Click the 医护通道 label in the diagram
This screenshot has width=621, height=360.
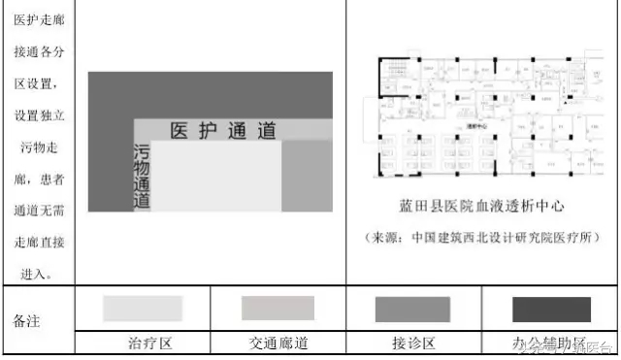(x=222, y=131)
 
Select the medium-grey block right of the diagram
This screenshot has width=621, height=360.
(x=307, y=176)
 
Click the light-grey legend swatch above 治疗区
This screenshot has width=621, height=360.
(x=143, y=308)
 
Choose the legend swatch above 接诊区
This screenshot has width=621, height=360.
(x=411, y=309)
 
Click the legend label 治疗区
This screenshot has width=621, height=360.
(x=149, y=345)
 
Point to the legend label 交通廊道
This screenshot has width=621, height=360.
(x=278, y=345)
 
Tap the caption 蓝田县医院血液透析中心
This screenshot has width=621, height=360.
(x=482, y=208)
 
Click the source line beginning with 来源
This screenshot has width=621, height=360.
(x=482, y=238)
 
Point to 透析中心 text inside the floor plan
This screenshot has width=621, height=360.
(x=477, y=125)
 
